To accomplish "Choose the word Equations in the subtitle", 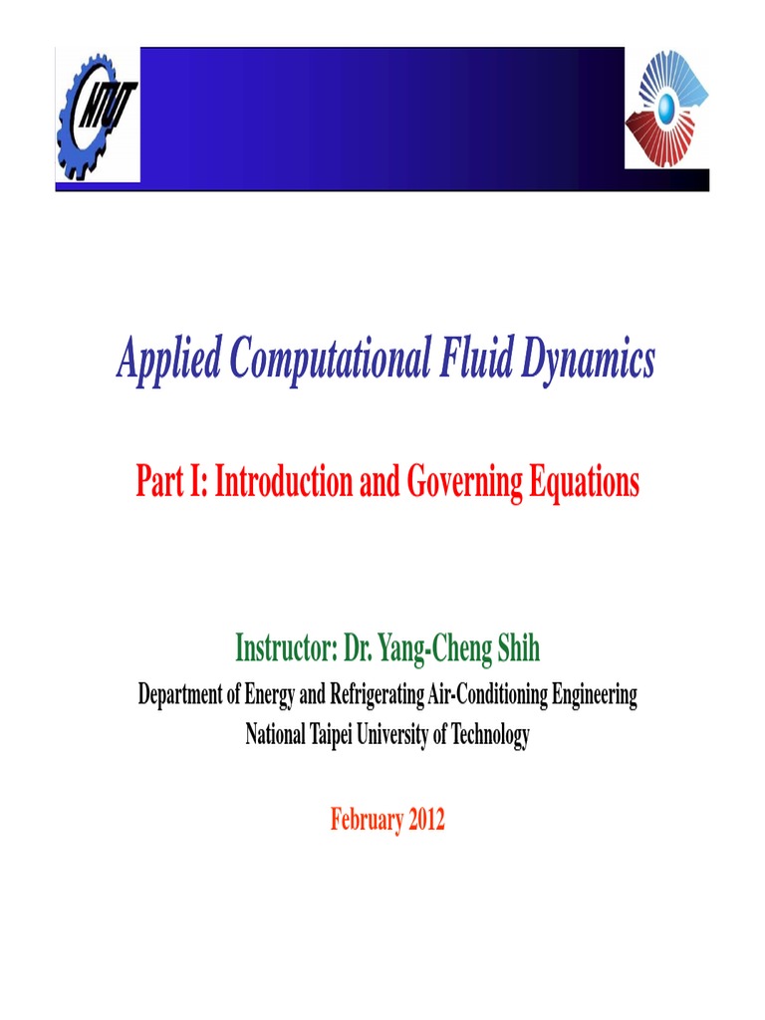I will (x=584, y=484).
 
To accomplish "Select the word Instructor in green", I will (x=284, y=649).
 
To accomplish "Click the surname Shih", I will (x=521, y=649).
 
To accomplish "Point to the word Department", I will (x=180, y=696).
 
